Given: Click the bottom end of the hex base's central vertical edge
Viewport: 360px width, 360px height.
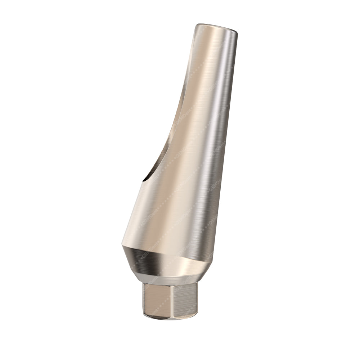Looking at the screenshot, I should pos(172,319).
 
